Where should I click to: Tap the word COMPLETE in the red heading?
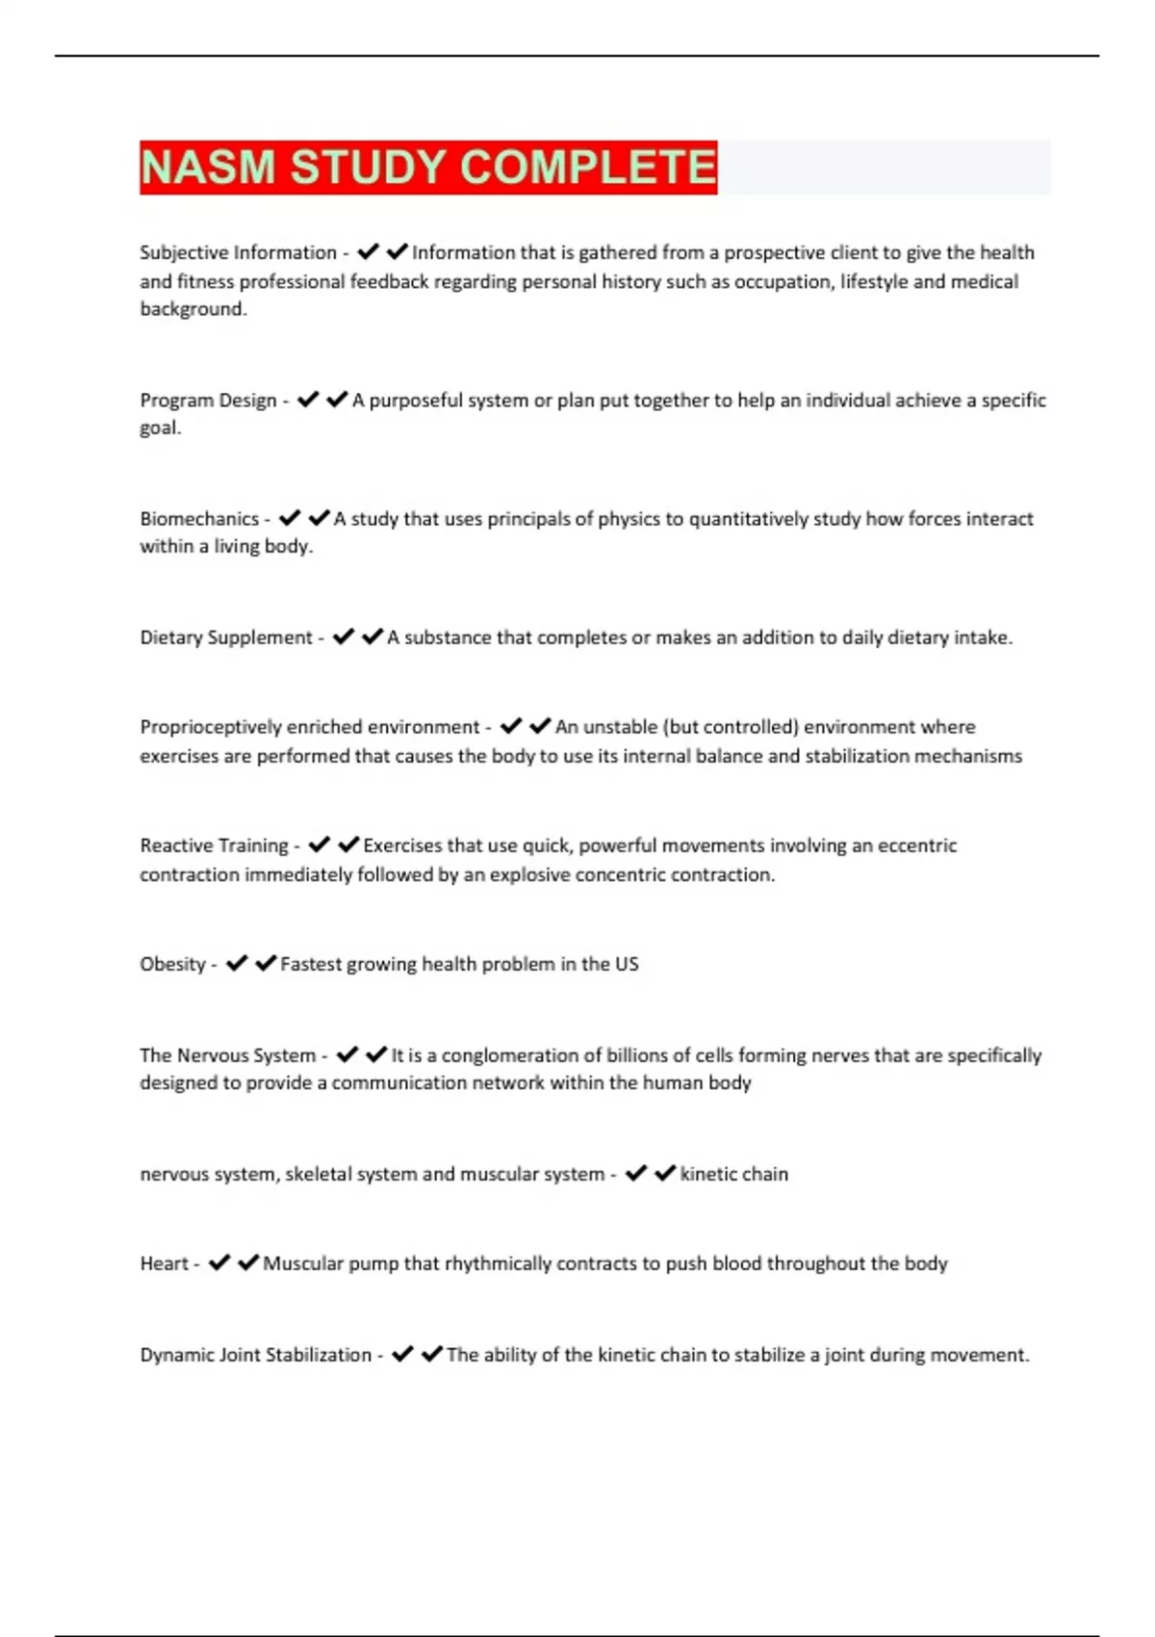tap(588, 167)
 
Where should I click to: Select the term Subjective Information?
tap(238, 252)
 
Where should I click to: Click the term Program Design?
tap(208, 400)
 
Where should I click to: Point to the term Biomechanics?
tap(199, 518)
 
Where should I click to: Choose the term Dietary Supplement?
tap(226, 637)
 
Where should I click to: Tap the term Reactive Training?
tap(214, 845)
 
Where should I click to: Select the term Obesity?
tap(172, 964)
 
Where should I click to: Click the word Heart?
tap(164, 1263)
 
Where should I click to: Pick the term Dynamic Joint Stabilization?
tap(255, 1355)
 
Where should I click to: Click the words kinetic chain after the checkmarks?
tap(733, 1174)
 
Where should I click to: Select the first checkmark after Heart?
tap(219, 1262)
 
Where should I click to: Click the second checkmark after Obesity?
tap(266, 963)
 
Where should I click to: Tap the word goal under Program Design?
tap(159, 429)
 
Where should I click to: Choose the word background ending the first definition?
tap(192, 309)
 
